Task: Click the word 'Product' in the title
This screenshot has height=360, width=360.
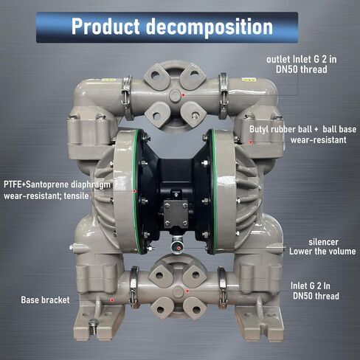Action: [x=105, y=27]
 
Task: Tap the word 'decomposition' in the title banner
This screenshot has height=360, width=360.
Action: [x=210, y=27]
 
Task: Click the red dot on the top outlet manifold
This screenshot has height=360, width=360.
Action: [x=183, y=95]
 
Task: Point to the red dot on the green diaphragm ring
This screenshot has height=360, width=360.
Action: [x=134, y=191]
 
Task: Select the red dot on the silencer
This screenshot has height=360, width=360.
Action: [x=179, y=248]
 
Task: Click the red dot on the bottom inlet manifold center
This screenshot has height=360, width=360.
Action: [x=187, y=291]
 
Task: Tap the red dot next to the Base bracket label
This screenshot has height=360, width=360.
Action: [x=112, y=300]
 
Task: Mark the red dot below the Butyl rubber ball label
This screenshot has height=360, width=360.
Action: [x=250, y=142]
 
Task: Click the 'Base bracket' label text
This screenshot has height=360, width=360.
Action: [x=45, y=300]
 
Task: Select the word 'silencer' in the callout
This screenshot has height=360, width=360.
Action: [x=323, y=242]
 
